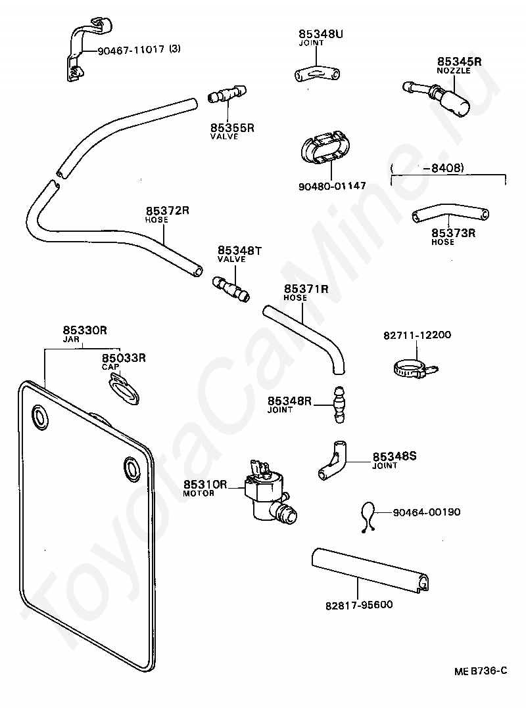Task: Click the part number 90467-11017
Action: coord(131,49)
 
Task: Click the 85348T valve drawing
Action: coord(231,289)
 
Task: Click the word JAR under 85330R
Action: coord(72,339)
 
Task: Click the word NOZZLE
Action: coord(454,71)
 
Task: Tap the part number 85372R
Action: coord(167,210)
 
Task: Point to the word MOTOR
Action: coord(199,493)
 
